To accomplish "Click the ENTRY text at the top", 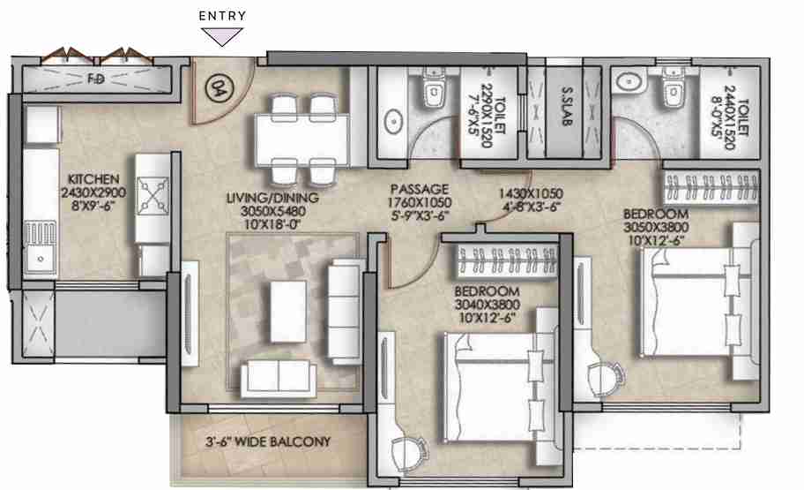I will click(x=222, y=16).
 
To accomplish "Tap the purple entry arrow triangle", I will click(x=222, y=36).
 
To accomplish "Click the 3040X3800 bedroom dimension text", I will click(x=487, y=305).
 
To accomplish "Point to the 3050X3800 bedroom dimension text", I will click(x=656, y=227).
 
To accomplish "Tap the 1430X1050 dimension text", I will click(x=531, y=192).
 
